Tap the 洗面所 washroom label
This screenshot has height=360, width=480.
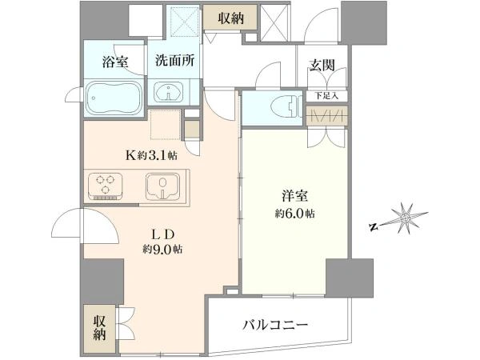174,60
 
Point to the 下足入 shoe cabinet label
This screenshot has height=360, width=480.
326,96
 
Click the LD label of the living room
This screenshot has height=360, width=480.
160,234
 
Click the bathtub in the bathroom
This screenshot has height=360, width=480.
114,99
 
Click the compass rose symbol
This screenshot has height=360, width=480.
406,217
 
